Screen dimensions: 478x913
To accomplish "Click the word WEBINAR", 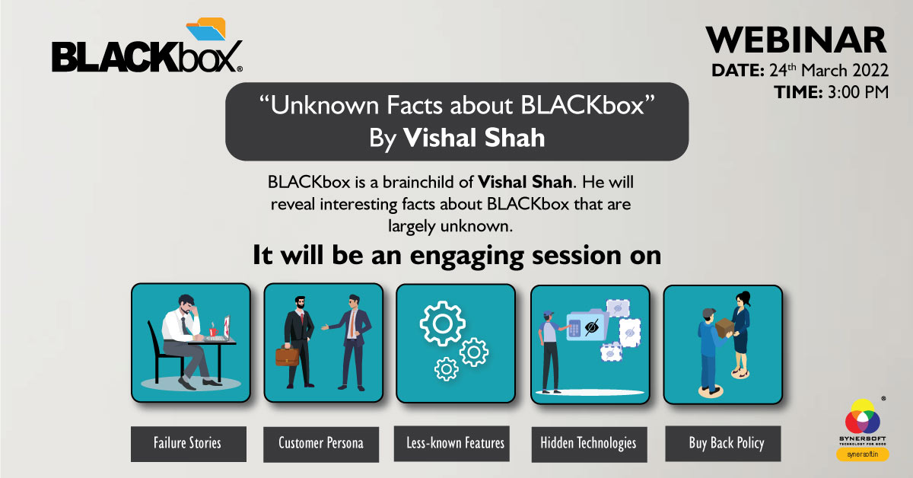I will (x=796, y=40).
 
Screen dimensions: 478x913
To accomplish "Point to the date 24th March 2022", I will (x=828, y=71).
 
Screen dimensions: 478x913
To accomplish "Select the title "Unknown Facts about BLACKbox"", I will (x=456, y=107).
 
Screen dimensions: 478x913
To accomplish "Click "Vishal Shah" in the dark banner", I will (x=474, y=137).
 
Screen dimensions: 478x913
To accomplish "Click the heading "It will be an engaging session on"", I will (x=456, y=256).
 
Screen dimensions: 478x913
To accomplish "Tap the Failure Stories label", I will (x=189, y=443).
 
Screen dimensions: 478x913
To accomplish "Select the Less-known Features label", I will (x=453, y=443).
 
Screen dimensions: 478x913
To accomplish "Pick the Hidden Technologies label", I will (x=588, y=443).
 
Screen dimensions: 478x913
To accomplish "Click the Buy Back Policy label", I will (x=726, y=443).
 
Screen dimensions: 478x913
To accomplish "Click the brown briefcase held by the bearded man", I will (x=287, y=355).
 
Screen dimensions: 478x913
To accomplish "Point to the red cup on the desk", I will (x=213, y=332).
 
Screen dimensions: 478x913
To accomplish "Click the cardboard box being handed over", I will (x=724, y=328).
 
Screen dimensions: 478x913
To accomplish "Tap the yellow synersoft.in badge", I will (x=863, y=454).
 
